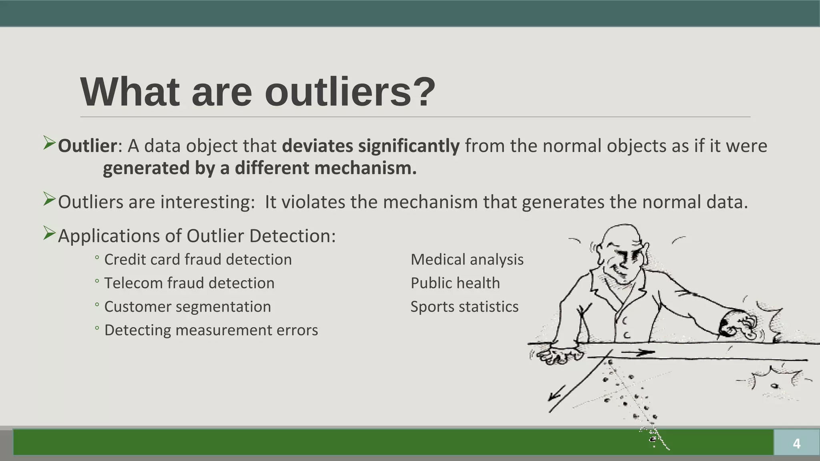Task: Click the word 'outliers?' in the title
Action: point(350,92)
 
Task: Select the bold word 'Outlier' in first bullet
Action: point(87,146)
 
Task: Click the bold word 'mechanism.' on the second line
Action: point(365,168)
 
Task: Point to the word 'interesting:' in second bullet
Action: point(207,202)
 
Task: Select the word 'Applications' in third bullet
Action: point(109,236)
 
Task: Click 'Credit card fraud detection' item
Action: point(198,259)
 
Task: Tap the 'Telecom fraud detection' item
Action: point(189,283)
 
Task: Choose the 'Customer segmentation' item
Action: point(187,307)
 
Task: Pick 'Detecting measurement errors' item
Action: point(211,330)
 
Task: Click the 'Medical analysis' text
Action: point(467,259)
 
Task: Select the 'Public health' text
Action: point(455,283)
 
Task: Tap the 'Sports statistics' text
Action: point(464,307)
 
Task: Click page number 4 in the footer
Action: point(796,443)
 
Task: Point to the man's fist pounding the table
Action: point(737,324)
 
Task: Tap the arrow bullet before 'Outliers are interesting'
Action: point(49,199)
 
